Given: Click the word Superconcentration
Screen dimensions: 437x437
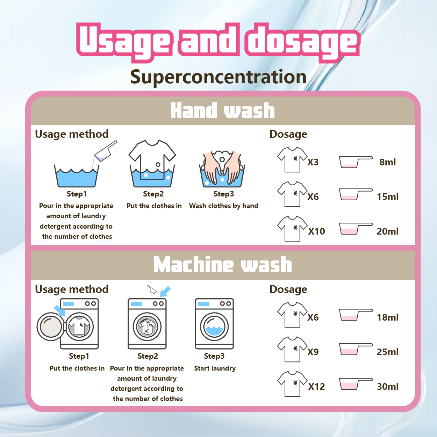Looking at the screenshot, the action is (x=218, y=77).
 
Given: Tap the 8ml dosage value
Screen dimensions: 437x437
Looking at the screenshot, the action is (x=387, y=162).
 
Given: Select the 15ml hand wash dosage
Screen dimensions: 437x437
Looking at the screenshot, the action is (x=387, y=197).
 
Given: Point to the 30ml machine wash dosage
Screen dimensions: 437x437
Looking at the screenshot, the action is (x=387, y=387).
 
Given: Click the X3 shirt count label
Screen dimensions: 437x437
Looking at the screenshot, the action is (x=313, y=162).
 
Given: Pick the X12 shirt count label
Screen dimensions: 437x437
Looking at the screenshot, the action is (x=316, y=387).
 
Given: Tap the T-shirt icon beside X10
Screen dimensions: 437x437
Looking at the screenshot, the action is (x=292, y=229).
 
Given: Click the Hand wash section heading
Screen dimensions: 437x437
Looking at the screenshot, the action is (x=222, y=110).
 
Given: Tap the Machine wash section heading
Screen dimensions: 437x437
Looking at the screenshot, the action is (x=222, y=265).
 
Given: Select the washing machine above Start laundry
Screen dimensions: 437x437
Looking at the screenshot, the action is (x=214, y=323).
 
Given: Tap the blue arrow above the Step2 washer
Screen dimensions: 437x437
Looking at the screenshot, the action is (x=165, y=291).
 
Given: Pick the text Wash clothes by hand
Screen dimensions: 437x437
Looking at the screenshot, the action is (x=223, y=206).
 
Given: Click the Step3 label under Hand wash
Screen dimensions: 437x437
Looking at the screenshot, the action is (x=223, y=194).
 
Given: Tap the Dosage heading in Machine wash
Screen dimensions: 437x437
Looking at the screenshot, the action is (x=288, y=289).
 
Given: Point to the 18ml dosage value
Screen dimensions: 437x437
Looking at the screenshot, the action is (x=387, y=317).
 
